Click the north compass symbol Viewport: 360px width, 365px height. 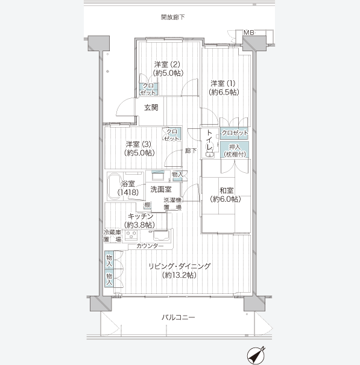click(256, 355)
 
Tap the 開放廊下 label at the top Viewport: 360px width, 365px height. click(173, 17)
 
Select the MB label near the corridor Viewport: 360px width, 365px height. click(248, 33)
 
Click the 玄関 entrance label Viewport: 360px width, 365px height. click(151, 108)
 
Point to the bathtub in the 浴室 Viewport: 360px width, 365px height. click(115, 186)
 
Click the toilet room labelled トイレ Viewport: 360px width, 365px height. click(210, 143)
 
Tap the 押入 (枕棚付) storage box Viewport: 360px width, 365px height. click(235, 150)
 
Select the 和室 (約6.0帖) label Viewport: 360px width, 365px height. click(226, 195)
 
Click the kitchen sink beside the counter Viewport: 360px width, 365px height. click(160, 236)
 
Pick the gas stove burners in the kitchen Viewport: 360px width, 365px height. click(131, 235)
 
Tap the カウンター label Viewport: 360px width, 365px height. click(150, 246)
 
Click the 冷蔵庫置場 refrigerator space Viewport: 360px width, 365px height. click(112, 236)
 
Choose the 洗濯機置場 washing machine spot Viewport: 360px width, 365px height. click(172, 204)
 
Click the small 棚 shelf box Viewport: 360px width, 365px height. click(147, 205)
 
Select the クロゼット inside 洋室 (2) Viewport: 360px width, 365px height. click(148, 89)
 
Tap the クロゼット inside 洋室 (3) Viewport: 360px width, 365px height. click(172, 135)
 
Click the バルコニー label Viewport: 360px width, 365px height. click(178, 317)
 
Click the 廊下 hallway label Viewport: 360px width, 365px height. click(191, 151)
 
